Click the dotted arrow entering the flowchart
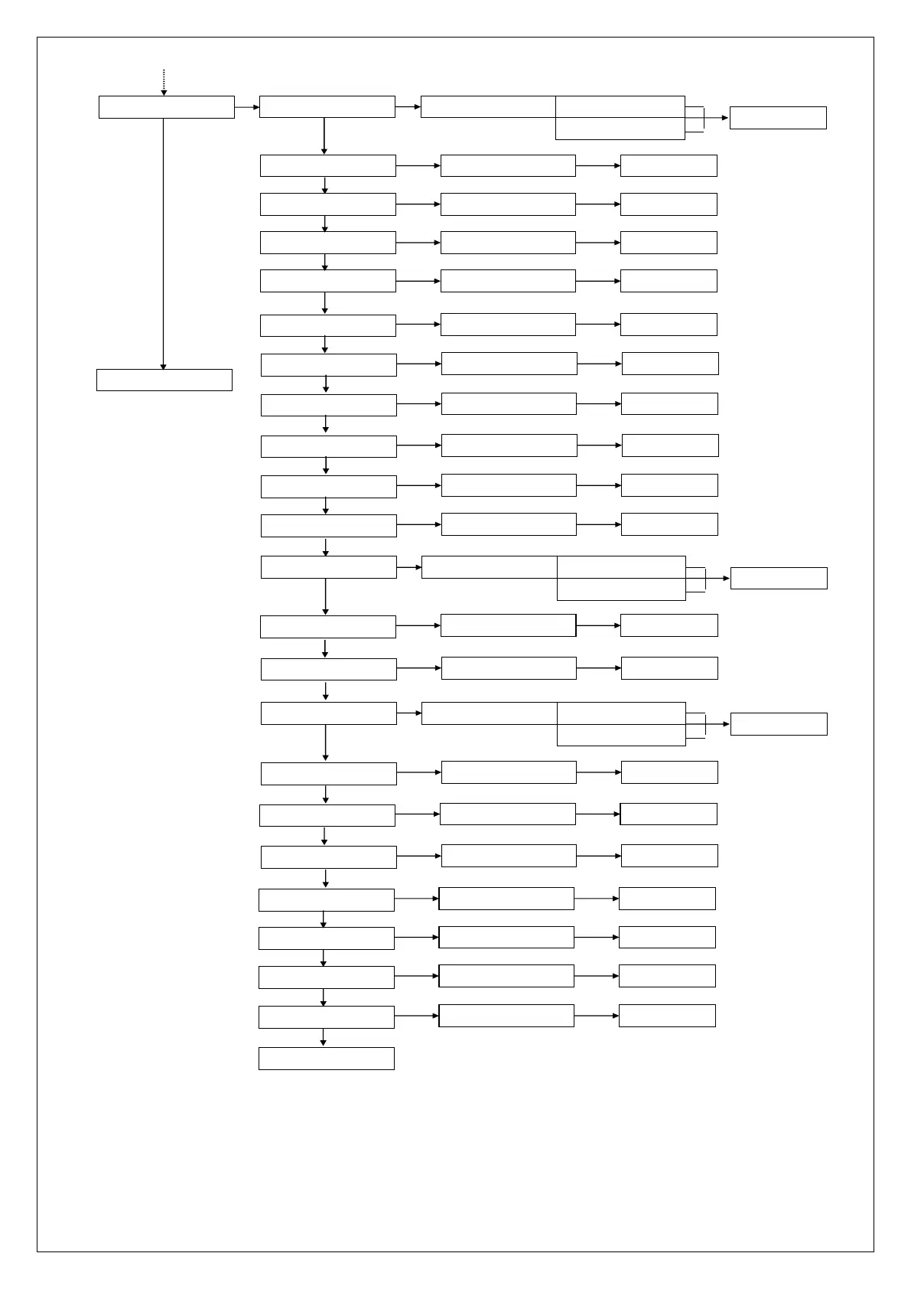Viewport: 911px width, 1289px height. (x=164, y=82)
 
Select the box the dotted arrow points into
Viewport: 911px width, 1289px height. (x=166, y=107)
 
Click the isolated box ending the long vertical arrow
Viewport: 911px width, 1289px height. (x=164, y=380)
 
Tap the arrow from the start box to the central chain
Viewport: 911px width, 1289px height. (x=246, y=107)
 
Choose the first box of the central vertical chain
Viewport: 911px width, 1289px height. (x=327, y=106)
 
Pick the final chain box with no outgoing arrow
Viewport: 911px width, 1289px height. (x=326, y=1058)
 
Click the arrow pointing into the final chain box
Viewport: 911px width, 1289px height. (x=324, y=1037)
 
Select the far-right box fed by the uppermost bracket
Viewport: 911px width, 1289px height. (x=777, y=118)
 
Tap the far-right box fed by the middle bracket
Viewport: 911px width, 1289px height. (x=778, y=578)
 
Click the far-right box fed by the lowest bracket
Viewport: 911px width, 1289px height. (x=778, y=723)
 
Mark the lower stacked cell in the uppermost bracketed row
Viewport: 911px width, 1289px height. (x=620, y=129)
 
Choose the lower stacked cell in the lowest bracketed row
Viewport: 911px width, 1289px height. (x=620, y=735)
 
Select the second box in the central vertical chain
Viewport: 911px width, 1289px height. (x=327, y=165)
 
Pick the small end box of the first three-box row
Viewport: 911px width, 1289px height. (x=668, y=165)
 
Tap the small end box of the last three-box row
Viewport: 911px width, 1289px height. (x=666, y=1015)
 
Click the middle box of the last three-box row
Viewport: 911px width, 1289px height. (x=506, y=1015)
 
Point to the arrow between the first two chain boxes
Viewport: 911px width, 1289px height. (x=324, y=136)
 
